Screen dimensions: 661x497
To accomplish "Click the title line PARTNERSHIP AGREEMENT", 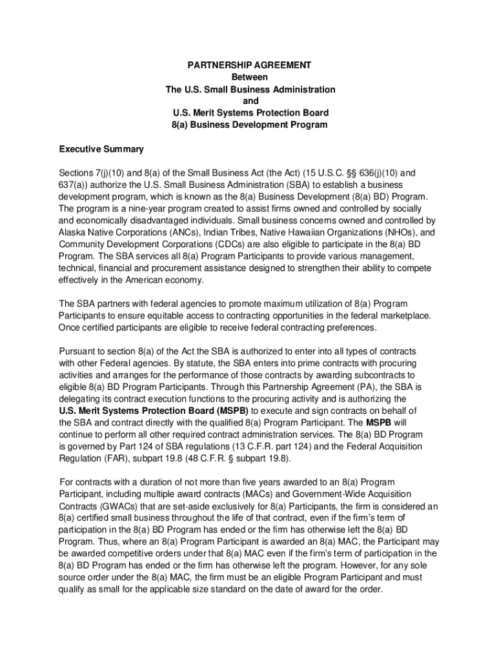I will [249, 65].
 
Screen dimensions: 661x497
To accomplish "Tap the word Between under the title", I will [249, 77].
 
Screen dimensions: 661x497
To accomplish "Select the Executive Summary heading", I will [101, 149].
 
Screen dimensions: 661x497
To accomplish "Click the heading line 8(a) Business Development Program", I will [249, 125].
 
